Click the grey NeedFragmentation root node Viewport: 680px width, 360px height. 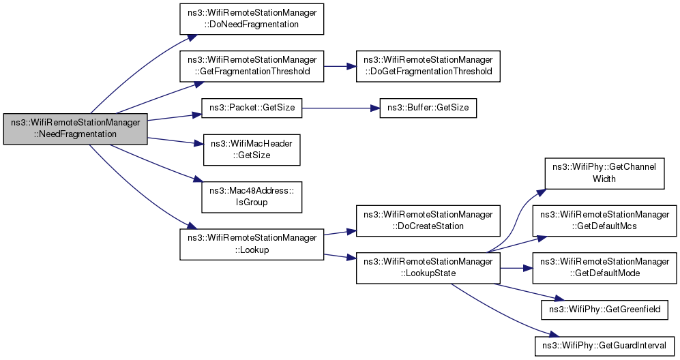[75, 128]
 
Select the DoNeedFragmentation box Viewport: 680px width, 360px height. [250, 18]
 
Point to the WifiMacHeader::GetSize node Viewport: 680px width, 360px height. [250, 149]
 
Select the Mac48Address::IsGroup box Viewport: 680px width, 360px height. [250, 196]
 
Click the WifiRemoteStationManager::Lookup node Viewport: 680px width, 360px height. [250, 243]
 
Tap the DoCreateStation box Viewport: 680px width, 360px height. [428, 220]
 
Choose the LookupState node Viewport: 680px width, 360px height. [428, 267]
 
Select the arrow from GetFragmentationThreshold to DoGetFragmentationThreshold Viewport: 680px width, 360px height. [339, 66]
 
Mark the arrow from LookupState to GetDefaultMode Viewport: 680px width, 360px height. [516, 267]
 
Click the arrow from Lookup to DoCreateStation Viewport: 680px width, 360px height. [339, 232]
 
